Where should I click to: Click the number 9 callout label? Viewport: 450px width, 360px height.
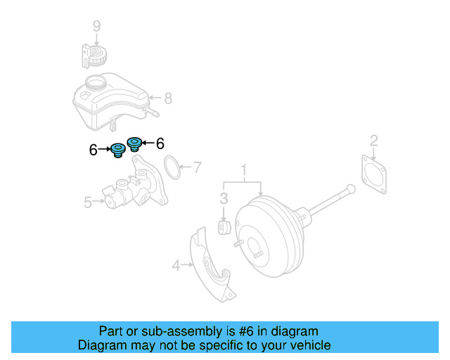97,26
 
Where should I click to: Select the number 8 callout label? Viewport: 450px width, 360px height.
168,98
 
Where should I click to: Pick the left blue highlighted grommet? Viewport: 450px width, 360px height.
117,150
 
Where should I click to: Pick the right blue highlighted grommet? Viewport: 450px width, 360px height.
133,143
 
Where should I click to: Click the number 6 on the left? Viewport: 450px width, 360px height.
94,149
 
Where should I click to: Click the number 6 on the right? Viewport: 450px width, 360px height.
160,143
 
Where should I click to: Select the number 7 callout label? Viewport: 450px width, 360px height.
198,167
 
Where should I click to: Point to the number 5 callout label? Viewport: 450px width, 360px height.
88,202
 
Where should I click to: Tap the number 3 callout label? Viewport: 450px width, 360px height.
224,198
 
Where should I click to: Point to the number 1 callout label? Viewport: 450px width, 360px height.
244,170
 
